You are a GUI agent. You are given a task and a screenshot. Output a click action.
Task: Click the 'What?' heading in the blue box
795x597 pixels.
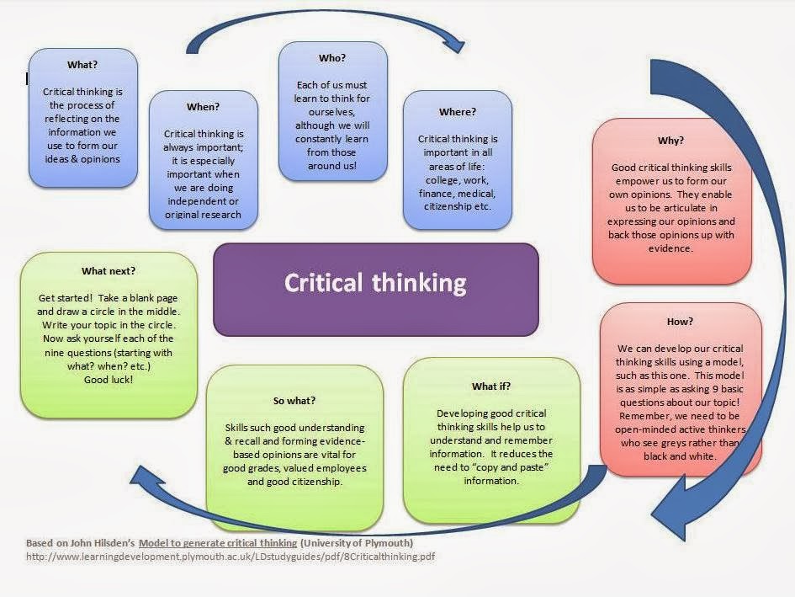coord(82,64)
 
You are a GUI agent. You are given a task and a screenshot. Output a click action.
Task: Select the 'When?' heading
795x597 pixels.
coord(203,107)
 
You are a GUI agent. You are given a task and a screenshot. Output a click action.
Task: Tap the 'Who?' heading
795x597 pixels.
coord(332,58)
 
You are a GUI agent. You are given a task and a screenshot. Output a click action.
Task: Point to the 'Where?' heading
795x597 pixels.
coord(457,111)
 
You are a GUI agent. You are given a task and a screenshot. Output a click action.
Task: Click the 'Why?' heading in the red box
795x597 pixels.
coord(670,141)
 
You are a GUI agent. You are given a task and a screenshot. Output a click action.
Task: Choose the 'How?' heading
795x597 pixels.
coord(680,321)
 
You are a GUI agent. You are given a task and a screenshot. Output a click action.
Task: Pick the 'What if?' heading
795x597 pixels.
coord(491,386)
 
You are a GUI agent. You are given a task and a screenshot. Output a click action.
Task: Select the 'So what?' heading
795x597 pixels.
coord(294,400)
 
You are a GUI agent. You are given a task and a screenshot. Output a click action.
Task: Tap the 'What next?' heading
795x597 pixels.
coord(109,271)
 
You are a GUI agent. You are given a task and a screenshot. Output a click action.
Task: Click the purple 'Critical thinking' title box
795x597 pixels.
coord(375,283)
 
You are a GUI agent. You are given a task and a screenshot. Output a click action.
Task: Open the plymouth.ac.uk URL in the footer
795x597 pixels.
coord(231,557)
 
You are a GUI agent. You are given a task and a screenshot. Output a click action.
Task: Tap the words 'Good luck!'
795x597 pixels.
coord(109,380)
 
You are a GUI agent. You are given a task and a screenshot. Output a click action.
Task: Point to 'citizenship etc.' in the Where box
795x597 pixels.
coord(458,206)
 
